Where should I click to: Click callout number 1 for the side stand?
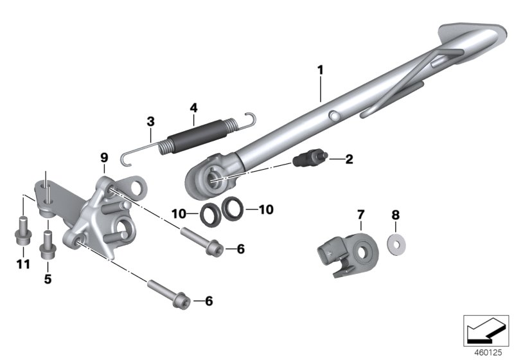320,70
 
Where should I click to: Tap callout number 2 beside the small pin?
349,159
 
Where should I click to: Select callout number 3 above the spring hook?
150,122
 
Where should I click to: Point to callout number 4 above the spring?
194,108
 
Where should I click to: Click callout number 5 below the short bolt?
48,280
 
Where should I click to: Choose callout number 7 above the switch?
360,215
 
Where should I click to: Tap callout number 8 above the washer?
396,215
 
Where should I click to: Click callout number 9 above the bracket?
104,158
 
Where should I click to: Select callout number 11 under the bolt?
23,264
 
